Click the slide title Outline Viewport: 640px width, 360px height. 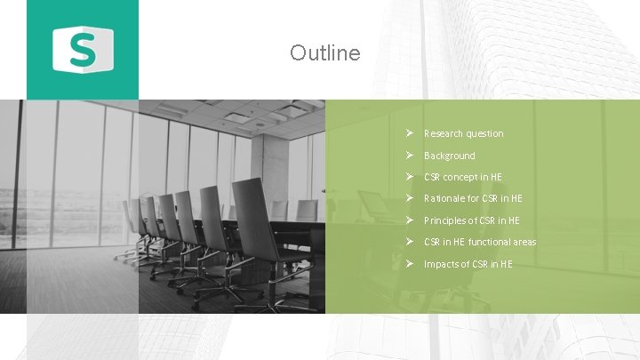point(324,53)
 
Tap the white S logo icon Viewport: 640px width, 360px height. point(83,48)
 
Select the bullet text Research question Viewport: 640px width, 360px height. point(463,133)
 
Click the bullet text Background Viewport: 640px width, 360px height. point(449,156)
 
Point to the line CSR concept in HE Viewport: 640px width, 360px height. point(462,177)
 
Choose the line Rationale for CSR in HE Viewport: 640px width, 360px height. point(473,198)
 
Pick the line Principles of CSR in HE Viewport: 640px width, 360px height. point(471,220)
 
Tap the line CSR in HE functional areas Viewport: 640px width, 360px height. point(480,242)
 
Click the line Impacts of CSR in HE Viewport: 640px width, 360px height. point(468,264)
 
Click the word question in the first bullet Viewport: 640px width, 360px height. point(485,133)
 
